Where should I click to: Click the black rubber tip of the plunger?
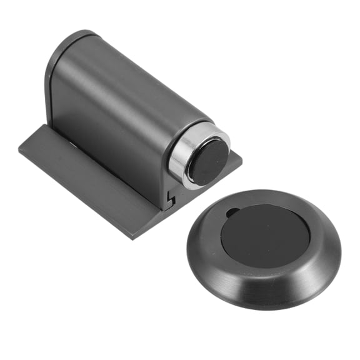[x=209, y=162]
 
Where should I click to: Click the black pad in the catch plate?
[x=265, y=235]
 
